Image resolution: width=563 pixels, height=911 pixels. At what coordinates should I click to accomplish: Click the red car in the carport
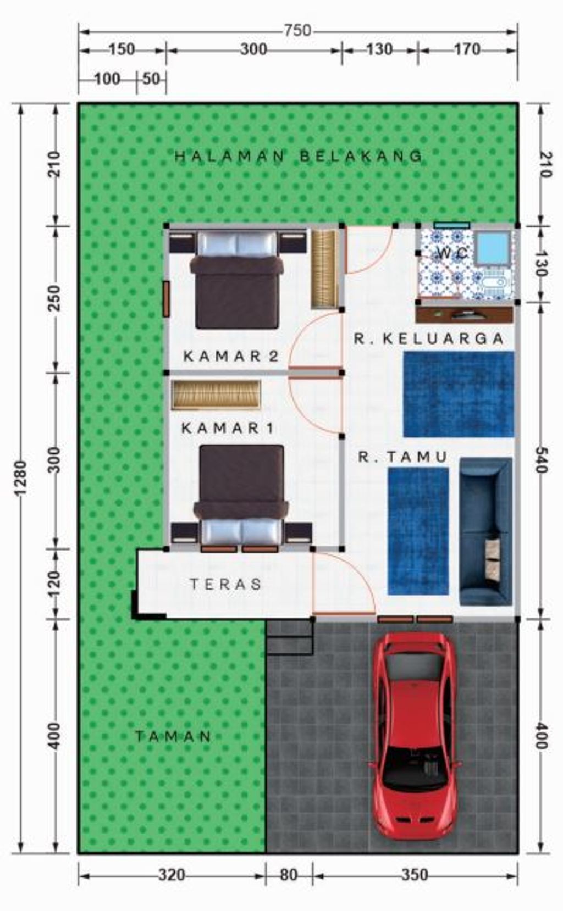[x=415, y=736]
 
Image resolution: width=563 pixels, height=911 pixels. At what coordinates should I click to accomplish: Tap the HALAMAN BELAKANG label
[x=299, y=157]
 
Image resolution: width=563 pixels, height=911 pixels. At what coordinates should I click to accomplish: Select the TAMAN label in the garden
[x=173, y=736]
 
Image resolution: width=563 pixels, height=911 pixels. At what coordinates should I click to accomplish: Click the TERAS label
[x=226, y=584]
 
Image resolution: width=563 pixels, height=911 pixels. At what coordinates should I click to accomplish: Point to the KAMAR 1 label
[x=228, y=427]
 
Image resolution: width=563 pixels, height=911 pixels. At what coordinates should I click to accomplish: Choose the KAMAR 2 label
[x=231, y=356]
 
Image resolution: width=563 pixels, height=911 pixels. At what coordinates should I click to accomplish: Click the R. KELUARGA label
[x=429, y=338]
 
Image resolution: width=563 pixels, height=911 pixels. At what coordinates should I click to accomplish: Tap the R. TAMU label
[x=403, y=457]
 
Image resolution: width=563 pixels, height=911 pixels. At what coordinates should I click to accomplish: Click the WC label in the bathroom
[x=452, y=253]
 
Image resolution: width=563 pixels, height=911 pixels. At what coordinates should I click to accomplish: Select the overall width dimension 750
[x=297, y=31]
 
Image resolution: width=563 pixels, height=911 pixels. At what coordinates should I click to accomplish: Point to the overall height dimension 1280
[x=20, y=478]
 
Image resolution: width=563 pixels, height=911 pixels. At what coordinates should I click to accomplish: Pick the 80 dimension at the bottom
[x=289, y=875]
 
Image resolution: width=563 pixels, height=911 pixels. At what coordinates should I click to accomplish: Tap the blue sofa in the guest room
[x=485, y=531]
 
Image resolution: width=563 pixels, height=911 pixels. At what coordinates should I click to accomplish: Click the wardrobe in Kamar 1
[x=216, y=395]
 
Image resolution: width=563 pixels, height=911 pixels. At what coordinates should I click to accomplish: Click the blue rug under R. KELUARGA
[x=459, y=395]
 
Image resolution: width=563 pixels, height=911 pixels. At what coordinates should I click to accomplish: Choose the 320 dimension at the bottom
[x=172, y=875]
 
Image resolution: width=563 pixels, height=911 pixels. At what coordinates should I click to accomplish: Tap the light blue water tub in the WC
[x=493, y=247]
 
